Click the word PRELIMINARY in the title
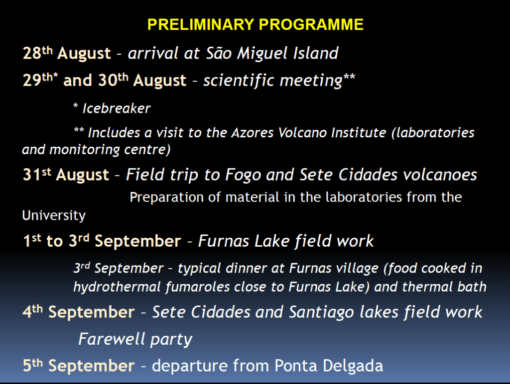[201, 25]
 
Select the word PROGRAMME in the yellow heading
[311, 25]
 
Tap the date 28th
[38, 53]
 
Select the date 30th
[114, 80]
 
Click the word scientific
[239, 80]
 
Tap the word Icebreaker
[117, 108]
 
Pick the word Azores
[253, 132]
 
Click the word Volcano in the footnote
[302, 132]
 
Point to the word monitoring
[85, 150]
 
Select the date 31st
[37, 175]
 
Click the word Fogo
[243, 175]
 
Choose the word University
[54, 215]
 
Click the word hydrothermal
[117, 287]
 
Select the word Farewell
[112, 339]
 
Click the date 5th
[33, 366]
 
